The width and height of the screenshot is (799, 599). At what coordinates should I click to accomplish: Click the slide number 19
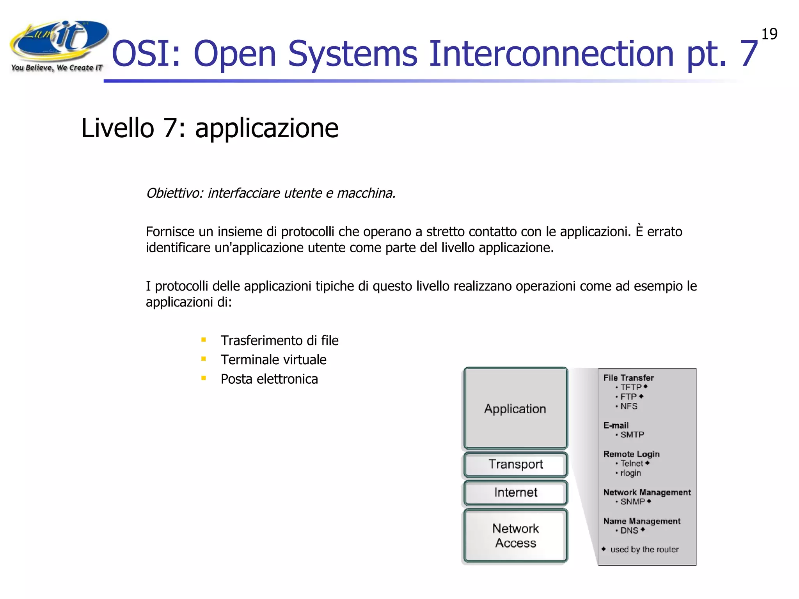[769, 34]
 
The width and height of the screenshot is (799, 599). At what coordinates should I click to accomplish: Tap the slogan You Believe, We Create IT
[57, 68]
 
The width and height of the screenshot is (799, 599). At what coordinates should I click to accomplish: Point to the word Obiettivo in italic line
[174, 193]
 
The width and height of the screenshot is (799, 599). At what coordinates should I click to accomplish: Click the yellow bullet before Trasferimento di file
[204, 340]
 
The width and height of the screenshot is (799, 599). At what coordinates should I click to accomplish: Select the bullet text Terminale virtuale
[273, 360]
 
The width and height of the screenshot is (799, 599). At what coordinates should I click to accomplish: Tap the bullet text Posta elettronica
[269, 379]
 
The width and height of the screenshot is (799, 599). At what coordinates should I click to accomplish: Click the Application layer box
[515, 408]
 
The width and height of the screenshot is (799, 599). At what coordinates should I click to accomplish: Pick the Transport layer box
[515, 464]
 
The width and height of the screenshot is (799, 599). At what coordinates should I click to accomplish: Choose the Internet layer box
[515, 493]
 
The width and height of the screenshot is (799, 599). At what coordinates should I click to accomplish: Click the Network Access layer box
[515, 535]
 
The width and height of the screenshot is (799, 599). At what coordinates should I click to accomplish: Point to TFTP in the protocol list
[631, 387]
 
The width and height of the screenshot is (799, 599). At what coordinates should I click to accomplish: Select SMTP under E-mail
[632, 435]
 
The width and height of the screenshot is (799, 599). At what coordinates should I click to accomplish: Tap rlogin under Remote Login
[630, 473]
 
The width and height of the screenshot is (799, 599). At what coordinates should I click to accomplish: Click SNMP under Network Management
[632, 502]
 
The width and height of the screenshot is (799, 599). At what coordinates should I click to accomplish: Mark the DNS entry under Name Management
[629, 531]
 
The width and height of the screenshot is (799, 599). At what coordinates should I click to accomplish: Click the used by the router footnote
[644, 549]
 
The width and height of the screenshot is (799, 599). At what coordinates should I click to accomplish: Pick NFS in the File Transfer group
[629, 406]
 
